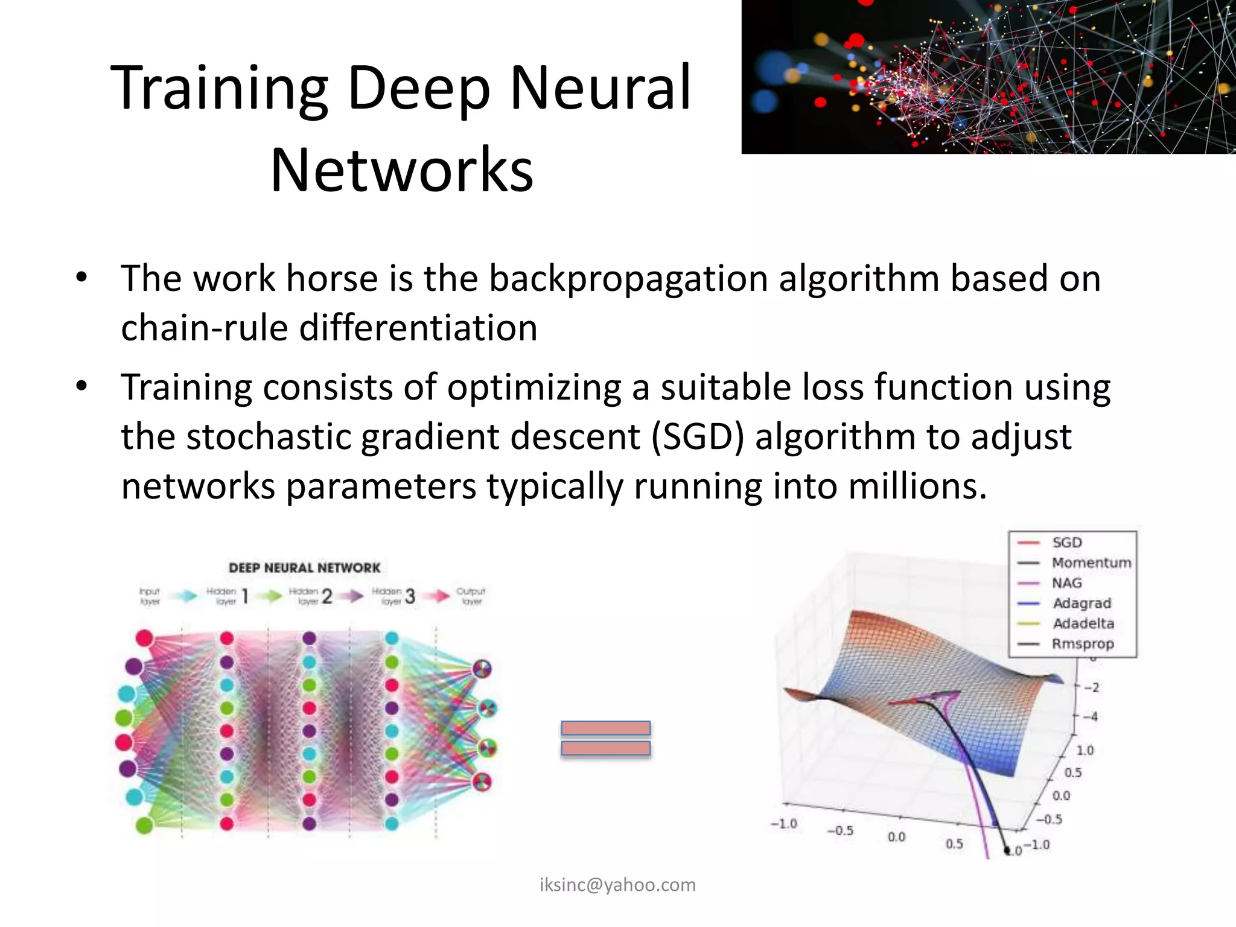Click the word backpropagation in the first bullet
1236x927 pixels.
[x=628, y=279]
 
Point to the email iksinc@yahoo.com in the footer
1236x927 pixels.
[x=617, y=885]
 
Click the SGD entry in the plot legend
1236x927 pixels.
[x=1067, y=543]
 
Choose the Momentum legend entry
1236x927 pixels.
[x=1091, y=562]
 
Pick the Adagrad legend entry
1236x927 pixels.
[x=1081, y=603]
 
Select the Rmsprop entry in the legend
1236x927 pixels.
[x=1083, y=643]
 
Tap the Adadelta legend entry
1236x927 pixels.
[x=1083, y=623]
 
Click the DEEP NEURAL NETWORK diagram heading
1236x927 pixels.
[x=304, y=568]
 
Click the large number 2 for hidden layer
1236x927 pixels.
[x=327, y=597]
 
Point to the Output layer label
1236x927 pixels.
[x=471, y=596]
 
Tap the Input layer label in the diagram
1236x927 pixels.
[x=150, y=596]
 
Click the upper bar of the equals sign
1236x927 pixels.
[x=605, y=728]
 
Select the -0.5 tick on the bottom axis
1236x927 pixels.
[x=840, y=830]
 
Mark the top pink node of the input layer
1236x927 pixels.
[x=144, y=638]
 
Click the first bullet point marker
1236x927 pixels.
[x=82, y=279]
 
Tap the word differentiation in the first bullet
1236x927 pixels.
[x=418, y=328]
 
